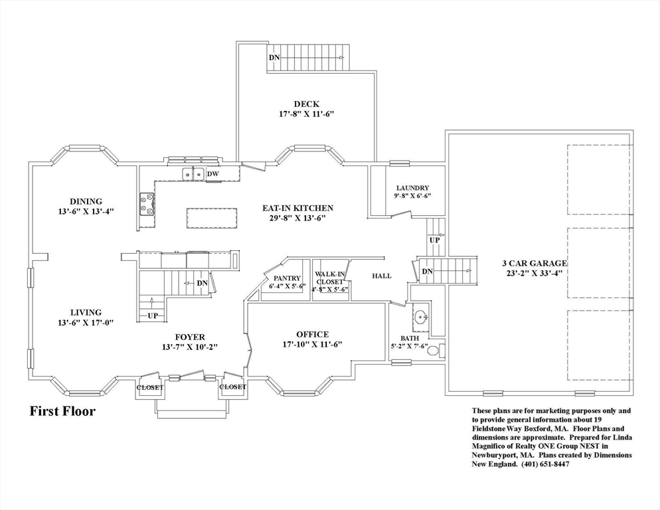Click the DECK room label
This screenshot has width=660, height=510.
[306, 104]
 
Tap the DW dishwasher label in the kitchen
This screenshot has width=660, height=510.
[212, 174]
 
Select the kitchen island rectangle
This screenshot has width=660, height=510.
[212, 217]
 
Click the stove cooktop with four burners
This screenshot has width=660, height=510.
[147, 205]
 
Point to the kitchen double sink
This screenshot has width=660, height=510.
[193, 174]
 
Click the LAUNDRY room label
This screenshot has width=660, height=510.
[412, 188]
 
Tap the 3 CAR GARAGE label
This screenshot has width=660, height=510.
[535, 263]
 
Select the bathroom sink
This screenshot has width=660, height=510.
[419, 318]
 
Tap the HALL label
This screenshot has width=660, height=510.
[381, 276]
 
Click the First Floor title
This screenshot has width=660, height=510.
[62, 412]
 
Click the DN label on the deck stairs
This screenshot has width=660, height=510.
[274, 58]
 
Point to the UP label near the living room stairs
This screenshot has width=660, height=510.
[152, 315]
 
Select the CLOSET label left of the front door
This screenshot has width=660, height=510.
[149, 387]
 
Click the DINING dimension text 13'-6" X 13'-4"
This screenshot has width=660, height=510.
[86, 212]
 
